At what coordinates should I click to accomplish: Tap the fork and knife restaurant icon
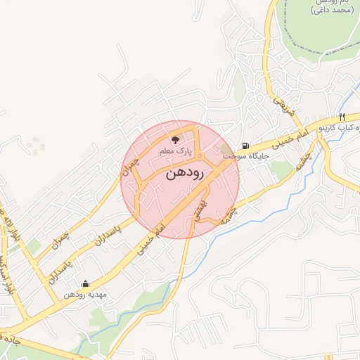(342, 117)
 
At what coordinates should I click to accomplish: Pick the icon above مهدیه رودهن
(86, 284)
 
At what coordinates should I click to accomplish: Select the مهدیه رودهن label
(85, 295)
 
